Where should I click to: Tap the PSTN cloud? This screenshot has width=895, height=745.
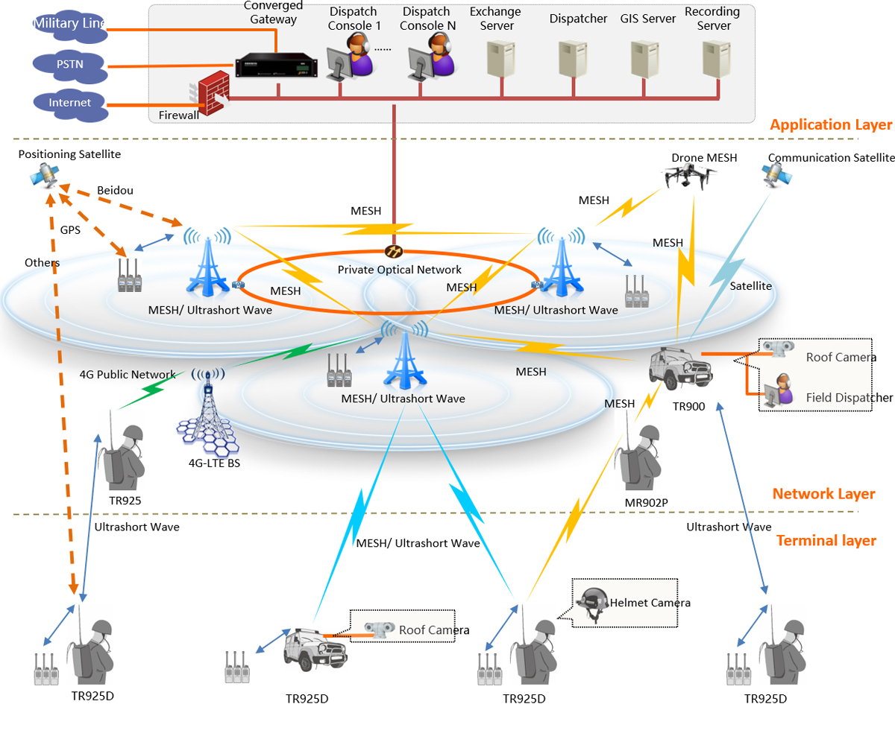pos(70,64)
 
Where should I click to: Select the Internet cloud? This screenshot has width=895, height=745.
pos(70,104)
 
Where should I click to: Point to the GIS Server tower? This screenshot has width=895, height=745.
pos(645,59)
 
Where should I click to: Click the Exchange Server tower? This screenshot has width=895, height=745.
pos(500,59)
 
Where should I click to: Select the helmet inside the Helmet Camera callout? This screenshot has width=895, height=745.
pos(593,600)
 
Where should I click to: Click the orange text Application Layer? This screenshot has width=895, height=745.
pos(831,124)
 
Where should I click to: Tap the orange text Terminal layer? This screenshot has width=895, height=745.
pos(826,540)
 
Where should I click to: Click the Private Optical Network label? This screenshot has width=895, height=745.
pos(400,270)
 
